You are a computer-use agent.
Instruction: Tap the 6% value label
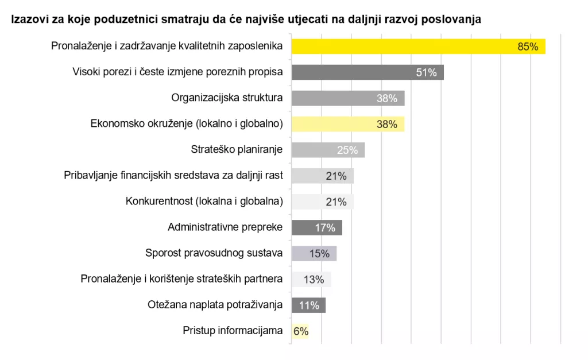coord(301,331)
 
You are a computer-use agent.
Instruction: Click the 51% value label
coord(426,72)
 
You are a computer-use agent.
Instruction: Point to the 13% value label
coord(314,280)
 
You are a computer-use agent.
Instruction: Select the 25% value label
coord(347,150)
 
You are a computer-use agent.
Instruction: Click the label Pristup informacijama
coord(233,330)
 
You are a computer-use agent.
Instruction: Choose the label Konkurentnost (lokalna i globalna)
coord(204,201)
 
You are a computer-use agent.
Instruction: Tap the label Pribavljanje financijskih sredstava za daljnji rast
coord(173,175)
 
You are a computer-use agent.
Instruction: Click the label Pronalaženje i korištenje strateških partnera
coord(181,278)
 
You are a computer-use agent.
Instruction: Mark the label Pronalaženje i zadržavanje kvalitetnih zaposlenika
coord(167,46)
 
